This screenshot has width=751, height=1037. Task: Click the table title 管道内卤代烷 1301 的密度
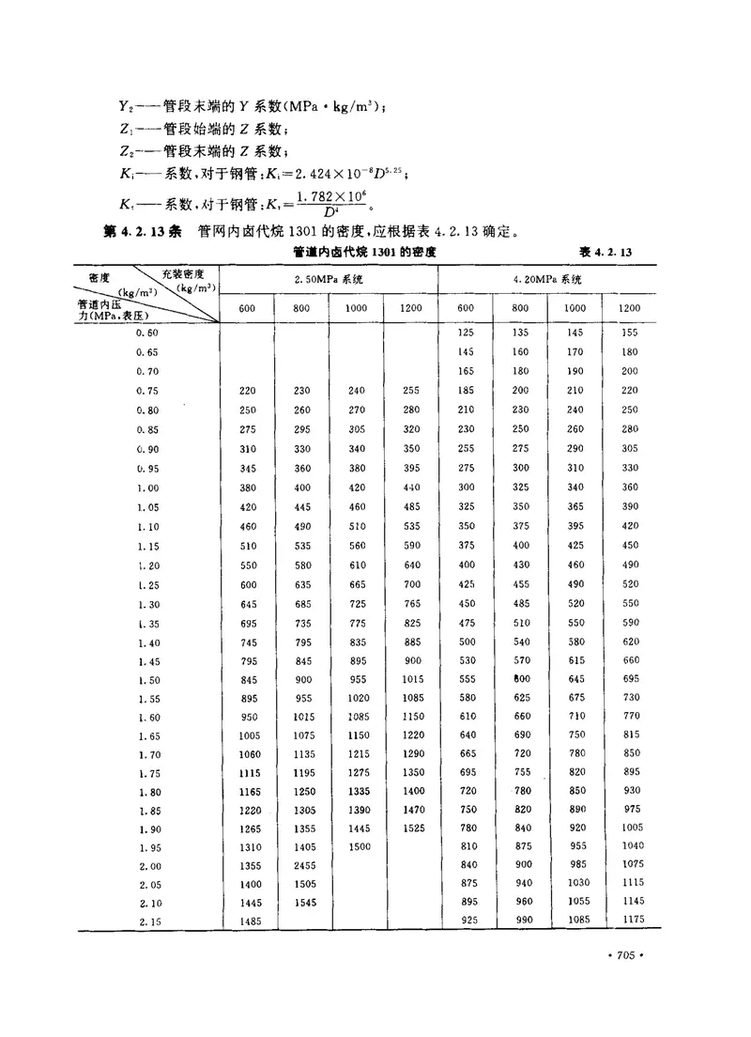point(364,253)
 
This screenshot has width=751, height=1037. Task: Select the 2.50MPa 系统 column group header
point(329,280)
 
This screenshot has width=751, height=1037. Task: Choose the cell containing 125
point(466,333)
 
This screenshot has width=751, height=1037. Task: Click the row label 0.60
point(147,333)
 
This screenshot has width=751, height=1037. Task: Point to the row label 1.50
point(148,680)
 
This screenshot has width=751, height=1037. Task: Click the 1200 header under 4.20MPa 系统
point(629,307)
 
